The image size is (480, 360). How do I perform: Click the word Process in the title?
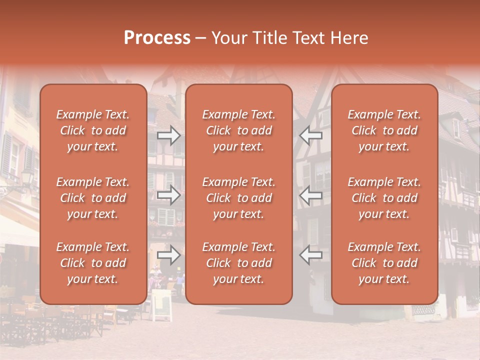tap(157, 38)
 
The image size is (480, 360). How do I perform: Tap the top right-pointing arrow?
tap(169, 135)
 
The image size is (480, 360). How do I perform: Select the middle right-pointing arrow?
tap(169, 194)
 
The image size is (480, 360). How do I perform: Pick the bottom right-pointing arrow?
tap(169, 255)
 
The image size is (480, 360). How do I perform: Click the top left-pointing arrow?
tap(310, 135)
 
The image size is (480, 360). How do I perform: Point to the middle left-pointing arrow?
tap(310, 194)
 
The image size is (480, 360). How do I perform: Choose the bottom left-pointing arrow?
tap(310, 255)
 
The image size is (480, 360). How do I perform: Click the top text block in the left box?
tap(93, 130)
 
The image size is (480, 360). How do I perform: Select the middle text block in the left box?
tap(93, 198)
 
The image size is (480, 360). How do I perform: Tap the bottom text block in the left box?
tap(93, 263)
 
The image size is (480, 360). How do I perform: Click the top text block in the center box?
tap(238, 130)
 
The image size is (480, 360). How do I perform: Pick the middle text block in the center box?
tap(238, 198)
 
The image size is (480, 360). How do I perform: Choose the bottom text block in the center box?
tap(238, 263)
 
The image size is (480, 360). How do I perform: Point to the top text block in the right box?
tap(384, 130)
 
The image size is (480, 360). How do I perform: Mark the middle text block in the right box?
tap(384, 198)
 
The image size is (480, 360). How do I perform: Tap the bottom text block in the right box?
tap(384, 263)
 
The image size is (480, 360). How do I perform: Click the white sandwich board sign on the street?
tap(161, 305)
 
